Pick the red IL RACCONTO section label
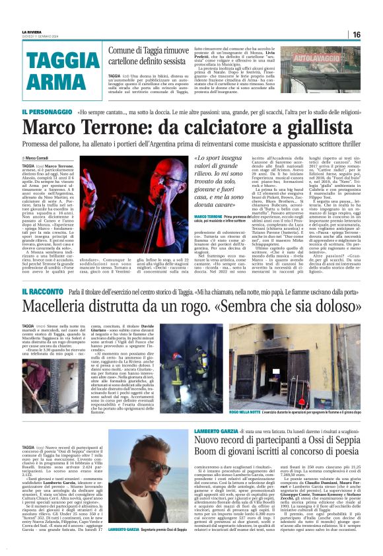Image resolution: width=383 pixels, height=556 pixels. coord(42,291)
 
